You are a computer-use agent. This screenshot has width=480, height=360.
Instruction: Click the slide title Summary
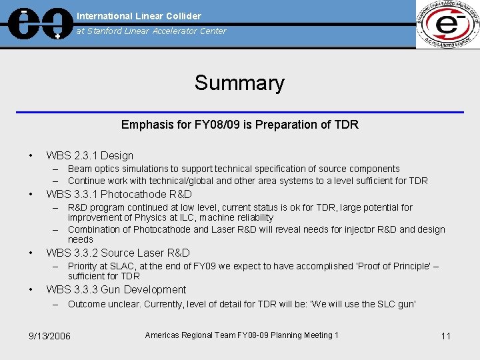pyautogui.click(x=239, y=83)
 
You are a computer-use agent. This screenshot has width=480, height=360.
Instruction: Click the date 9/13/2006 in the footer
pyautogui.click(x=46, y=336)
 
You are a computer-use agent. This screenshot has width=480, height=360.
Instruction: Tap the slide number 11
pyautogui.click(x=446, y=336)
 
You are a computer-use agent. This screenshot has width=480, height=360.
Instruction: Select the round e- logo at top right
pyautogui.click(x=447, y=24)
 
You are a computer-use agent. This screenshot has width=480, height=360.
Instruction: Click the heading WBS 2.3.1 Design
pyautogui.click(x=89, y=155)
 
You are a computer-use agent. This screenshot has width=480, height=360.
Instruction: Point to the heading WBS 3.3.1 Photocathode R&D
pyautogui.click(x=119, y=194)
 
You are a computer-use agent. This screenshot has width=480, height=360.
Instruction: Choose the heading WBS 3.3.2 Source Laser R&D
pyautogui.click(x=118, y=253)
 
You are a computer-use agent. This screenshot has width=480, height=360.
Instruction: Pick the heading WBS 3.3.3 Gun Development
pyautogui.click(x=116, y=289)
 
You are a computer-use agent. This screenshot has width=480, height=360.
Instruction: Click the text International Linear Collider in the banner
pyautogui.click(x=139, y=16)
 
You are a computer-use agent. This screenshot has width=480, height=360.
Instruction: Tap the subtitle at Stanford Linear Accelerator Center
pyautogui.click(x=151, y=31)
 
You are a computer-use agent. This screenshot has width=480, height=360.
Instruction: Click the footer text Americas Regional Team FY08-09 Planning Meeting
pyautogui.click(x=241, y=335)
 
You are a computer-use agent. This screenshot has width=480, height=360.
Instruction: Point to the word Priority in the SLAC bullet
pyautogui.click(x=83, y=266)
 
